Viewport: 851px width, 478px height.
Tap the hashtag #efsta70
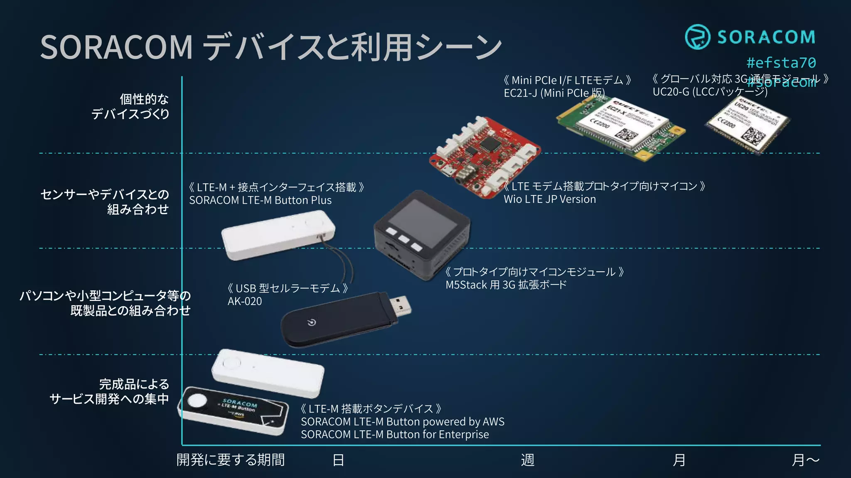coord(781,63)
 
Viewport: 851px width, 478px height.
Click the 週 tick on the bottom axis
coord(527,460)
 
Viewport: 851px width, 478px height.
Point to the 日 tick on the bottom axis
coord(338,460)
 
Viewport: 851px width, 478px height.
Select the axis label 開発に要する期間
coord(231,460)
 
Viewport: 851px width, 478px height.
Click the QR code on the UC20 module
coord(753,136)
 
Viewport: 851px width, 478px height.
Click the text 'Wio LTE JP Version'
coord(549,199)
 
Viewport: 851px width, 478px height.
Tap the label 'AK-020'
coord(245,301)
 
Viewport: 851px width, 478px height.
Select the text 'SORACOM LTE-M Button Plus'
coord(260,200)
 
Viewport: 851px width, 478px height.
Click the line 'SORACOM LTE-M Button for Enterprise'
coord(395,434)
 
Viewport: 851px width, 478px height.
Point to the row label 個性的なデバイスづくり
coord(130,106)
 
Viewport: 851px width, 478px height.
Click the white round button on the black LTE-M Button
coord(197,400)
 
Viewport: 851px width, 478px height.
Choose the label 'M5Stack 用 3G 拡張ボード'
coord(506,285)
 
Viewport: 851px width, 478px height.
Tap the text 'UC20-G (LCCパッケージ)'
coord(710,92)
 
